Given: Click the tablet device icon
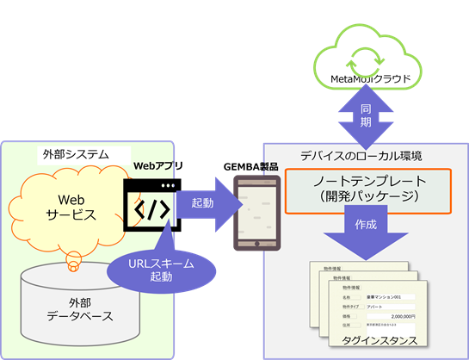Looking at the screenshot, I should point(257,212).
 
